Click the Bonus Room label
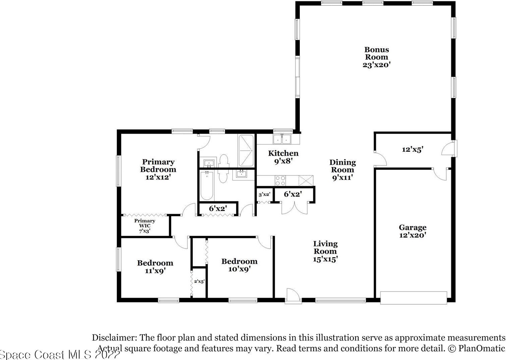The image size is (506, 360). coord(377,57)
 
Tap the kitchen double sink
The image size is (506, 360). coord(282,139)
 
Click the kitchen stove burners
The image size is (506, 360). coord(280,181)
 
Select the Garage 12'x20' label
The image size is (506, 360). coord(412,231)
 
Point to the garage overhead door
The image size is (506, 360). coord(413,298)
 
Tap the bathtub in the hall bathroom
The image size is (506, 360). coord(207,185)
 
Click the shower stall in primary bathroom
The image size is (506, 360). coord(246,151)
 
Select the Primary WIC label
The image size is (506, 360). coord(145,226)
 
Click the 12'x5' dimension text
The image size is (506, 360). coord(412,149)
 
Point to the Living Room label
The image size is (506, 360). coord(325,251)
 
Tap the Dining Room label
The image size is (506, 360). coord(342,170)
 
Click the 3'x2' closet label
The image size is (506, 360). coord(264,194)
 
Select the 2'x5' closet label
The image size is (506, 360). coord(199,281)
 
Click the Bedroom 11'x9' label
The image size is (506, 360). coord(155,266)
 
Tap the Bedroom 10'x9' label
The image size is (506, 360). coord(239,265)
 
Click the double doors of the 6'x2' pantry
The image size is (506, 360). coord(294,208)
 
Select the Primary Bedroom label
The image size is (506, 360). coord(158,169)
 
